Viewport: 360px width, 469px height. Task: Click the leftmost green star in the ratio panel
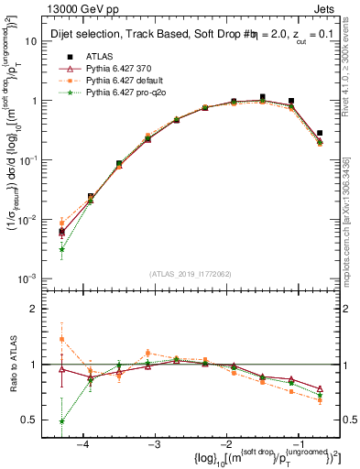pyautogui.click(x=61, y=421)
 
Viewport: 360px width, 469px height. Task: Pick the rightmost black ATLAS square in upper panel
pyautogui.click(x=319, y=133)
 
